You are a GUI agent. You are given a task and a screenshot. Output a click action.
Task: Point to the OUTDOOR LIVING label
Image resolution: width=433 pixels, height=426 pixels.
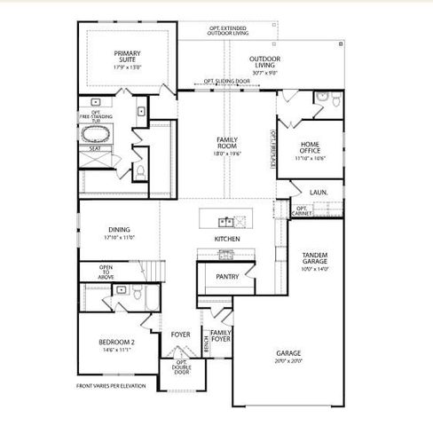(x=265, y=61)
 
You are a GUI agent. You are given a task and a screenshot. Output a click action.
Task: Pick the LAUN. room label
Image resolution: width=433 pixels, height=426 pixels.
(x=319, y=192)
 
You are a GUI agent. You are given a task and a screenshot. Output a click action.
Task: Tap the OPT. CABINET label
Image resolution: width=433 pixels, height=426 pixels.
(x=303, y=210)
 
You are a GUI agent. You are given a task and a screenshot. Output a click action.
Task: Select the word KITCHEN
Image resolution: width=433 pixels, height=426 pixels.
(x=228, y=240)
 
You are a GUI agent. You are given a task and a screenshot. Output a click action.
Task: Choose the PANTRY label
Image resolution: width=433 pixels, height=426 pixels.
(x=227, y=276)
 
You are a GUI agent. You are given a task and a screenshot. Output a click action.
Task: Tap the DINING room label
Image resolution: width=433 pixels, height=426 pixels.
(x=118, y=229)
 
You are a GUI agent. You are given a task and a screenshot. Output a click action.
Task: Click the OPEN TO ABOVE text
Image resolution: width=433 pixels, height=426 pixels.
(x=106, y=272)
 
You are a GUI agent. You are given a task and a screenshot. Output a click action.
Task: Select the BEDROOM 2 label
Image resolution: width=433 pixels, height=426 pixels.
(x=116, y=342)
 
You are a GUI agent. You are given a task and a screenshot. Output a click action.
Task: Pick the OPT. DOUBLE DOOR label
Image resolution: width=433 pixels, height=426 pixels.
(x=182, y=367)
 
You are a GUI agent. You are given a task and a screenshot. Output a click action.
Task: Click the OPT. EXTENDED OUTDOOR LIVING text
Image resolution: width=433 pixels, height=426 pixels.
(x=229, y=30)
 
